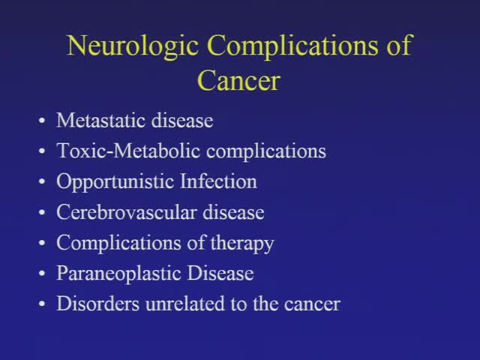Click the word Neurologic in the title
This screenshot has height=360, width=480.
pos(133,46)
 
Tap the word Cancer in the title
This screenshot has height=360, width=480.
pos(238,79)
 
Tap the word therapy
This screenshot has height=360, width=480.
pos(242,244)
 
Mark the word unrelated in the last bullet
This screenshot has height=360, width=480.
pos(164,304)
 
